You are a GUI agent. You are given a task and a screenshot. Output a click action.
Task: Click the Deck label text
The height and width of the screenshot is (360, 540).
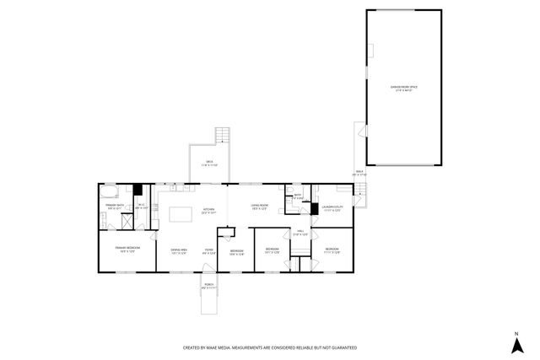tap(208, 163)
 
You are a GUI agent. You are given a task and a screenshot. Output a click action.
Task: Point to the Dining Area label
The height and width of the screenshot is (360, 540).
tap(178, 250)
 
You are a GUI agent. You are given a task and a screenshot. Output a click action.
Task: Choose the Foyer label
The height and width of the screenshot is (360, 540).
tap(208, 250)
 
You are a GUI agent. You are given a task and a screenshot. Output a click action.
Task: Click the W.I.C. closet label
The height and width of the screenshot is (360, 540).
tap(143, 207)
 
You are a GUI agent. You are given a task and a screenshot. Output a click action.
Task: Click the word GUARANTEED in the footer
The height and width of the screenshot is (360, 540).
tap(338, 347)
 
